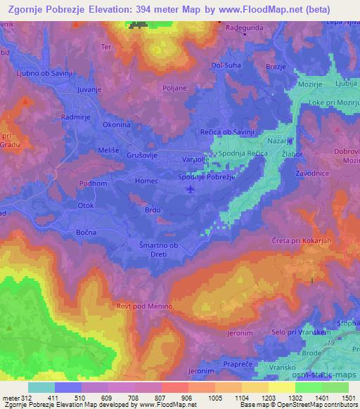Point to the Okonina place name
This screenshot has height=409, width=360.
click(117, 124)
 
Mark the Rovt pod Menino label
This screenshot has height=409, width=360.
click(146, 306)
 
